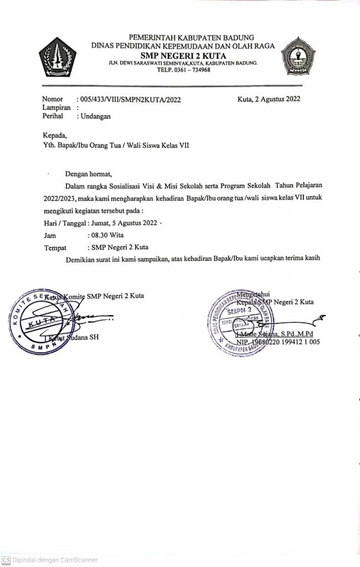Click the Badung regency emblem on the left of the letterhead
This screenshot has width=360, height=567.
pos(58,56)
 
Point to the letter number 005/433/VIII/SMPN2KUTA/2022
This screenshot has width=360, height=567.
pos(130,100)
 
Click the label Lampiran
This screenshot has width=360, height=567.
pos(57,109)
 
